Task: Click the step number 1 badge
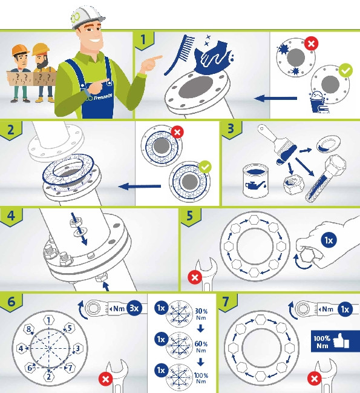(x=144, y=40)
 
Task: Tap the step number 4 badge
(x=11, y=216)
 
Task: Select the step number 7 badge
(x=227, y=302)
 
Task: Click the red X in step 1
(x=311, y=44)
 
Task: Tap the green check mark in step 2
(x=205, y=167)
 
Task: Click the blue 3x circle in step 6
(x=134, y=308)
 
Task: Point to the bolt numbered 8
(x=29, y=329)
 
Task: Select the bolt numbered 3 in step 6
(x=77, y=348)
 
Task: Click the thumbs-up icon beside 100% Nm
(x=342, y=340)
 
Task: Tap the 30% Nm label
(x=201, y=314)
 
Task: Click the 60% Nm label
(x=201, y=347)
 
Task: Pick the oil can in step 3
(x=255, y=180)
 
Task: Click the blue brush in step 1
(x=179, y=54)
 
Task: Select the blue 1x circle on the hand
(x=329, y=240)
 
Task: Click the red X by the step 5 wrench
(x=195, y=277)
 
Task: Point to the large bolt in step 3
(x=326, y=178)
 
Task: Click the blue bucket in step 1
(x=318, y=103)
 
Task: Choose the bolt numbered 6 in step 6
(x=30, y=368)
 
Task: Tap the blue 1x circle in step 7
(x=345, y=309)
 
